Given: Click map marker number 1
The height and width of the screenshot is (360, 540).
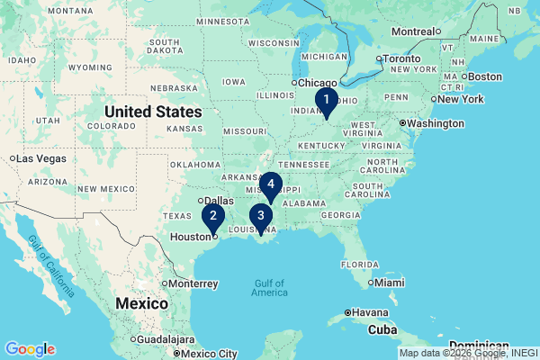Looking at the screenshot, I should point(327,101).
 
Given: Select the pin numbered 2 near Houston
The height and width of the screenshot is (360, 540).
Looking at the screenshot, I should point(213,217).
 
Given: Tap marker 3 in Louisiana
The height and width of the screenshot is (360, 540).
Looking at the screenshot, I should point(261,217).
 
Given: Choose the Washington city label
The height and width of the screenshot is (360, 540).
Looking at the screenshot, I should point(436,123).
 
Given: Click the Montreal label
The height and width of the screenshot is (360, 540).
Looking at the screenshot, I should point(413,31).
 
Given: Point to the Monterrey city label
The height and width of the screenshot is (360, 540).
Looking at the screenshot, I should point(193,283).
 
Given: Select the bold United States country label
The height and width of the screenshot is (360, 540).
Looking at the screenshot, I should point(153,112).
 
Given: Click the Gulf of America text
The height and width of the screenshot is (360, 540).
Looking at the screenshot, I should point(269,288).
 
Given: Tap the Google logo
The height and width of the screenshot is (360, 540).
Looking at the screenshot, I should point(30,349).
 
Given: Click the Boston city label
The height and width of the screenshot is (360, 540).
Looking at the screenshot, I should point(485,76).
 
